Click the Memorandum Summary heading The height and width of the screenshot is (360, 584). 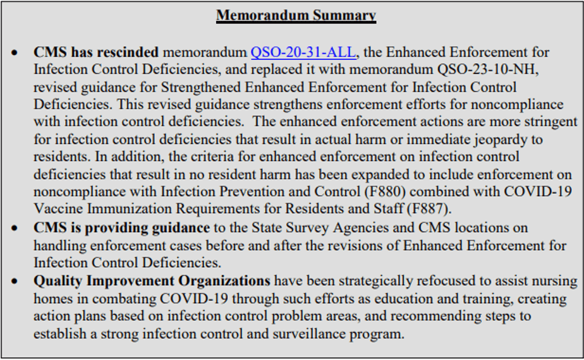coord(296,15)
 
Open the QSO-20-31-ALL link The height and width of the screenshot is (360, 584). coord(303,52)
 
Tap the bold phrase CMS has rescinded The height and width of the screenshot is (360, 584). coord(96,52)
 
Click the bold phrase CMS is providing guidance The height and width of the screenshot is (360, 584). coord(121,227)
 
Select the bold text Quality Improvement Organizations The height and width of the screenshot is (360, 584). coord(152,280)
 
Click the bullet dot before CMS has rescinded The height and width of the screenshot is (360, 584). coord(15,52)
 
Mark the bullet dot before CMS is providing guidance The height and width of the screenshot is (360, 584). coord(15,227)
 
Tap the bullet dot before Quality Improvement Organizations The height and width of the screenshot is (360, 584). coord(15,280)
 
